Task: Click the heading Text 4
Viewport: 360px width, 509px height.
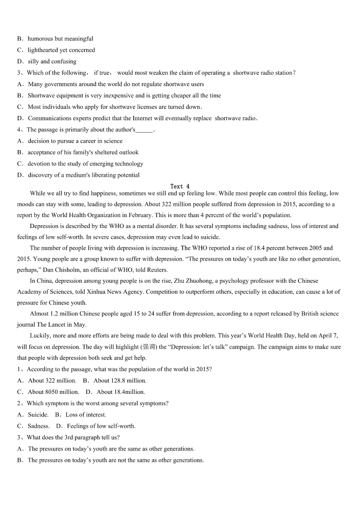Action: [180, 186]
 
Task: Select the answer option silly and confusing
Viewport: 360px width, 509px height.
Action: [52, 62]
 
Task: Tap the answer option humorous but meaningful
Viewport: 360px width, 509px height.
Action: [60, 39]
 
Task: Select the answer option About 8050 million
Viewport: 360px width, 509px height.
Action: [53, 392]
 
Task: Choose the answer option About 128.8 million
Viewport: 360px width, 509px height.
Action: [120, 381]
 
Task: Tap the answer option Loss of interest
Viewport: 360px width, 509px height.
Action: [86, 415]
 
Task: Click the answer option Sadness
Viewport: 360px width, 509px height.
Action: [39, 426]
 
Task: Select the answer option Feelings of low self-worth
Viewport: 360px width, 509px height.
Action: [101, 426]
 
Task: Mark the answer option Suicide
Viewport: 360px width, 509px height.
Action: [38, 415]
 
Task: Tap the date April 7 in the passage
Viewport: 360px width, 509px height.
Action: [324, 336]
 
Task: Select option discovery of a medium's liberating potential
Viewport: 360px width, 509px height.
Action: [83, 175]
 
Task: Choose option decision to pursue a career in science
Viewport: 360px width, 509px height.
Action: [75, 141]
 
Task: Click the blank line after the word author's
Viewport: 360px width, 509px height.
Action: [144, 130]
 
